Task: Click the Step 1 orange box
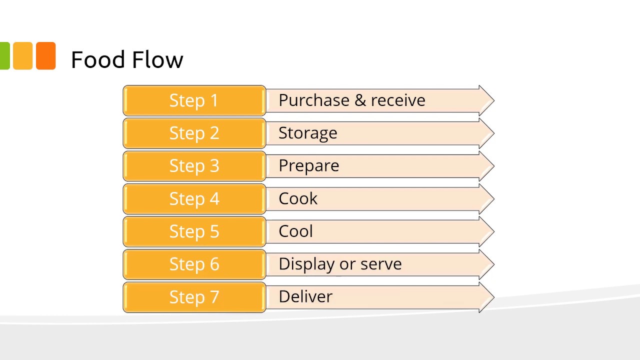[194, 100]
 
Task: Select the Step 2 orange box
[194, 133]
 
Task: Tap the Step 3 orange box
[194, 166]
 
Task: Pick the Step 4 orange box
[194, 199]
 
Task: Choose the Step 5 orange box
[194, 231]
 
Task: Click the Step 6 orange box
[194, 264]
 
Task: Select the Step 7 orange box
[194, 297]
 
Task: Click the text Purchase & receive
[351, 100]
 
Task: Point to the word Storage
[307, 133]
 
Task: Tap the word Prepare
[308, 166]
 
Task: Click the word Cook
[297, 199]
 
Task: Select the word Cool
[295, 231]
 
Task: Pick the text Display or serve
[340, 264]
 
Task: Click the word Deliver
[305, 297]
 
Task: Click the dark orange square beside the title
[45, 55]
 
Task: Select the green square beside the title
[4, 55]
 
